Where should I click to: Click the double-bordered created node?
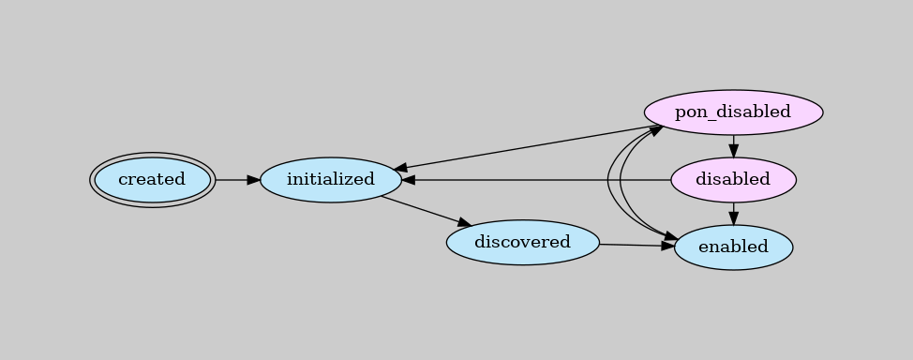pyautogui.click(x=152, y=179)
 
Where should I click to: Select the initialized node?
pyautogui.click(x=330, y=179)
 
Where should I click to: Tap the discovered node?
pyautogui.click(x=522, y=243)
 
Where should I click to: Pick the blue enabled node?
pyautogui.click(x=733, y=247)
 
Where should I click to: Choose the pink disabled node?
pyautogui.click(x=733, y=179)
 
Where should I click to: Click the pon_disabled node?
pyautogui.click(x=733, y=112)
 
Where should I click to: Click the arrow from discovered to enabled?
pyautogui.click(x=636, y=246)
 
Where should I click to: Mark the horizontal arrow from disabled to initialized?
pyautogui.click(x=534, y=179)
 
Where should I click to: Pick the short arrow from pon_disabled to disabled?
pyautogui.click(x=733, y=144)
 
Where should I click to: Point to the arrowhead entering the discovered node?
pyautogui.click(x=463, y=223)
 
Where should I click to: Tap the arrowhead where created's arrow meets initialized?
pyautogui.click(x=253, y=179)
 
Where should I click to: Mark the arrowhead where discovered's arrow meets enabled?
pyautogui.click(x=667, y=247)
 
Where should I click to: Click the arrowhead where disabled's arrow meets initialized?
pyautogui.click(x=409, y=179)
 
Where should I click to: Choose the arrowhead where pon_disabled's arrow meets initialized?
pyautogui.click(x=400, y=171)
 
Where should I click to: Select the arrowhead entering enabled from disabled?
pyautogui.click(x=733, y=219)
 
